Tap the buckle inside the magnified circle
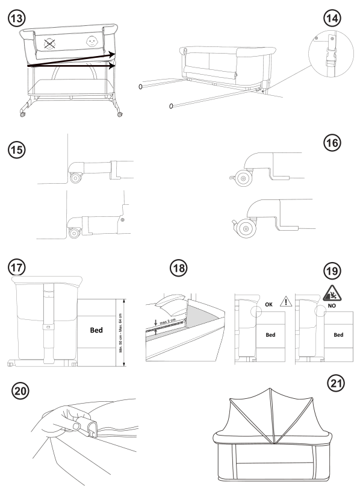[331, 58]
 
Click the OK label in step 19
[268, 304]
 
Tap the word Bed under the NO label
[337, 333]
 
